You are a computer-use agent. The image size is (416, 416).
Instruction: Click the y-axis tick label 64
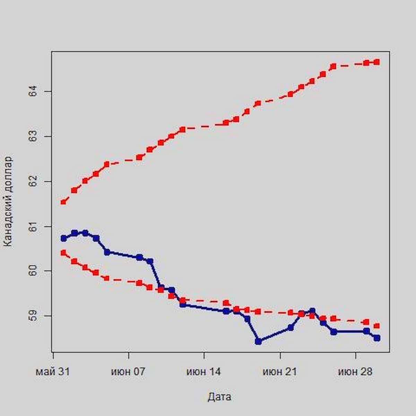point(34,92)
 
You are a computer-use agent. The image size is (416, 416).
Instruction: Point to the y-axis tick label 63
point(34,136)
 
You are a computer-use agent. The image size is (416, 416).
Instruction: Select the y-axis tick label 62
point(34,181)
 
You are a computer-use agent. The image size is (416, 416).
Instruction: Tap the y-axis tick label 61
point(34,226)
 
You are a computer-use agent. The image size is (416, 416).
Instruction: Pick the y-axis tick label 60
point(34,271)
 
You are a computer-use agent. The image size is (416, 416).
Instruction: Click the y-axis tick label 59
point(34,316)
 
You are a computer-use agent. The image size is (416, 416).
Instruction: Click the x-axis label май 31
point(53,372)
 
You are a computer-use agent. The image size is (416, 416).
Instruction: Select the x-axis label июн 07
point(128,372)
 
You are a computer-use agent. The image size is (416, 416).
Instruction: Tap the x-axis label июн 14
point(204,372)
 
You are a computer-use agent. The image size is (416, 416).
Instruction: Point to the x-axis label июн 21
point(280,372)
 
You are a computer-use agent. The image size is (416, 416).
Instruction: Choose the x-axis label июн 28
point(355,372)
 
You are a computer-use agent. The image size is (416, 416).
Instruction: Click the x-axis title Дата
point(219,397)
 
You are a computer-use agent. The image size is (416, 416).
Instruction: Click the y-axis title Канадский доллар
point(8,201)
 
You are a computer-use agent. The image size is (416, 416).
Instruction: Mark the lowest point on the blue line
point(258,341)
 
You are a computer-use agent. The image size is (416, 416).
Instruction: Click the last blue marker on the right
point(377,338)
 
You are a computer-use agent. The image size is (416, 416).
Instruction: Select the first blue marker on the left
point(63,238)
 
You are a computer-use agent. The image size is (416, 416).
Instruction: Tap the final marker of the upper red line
point(377,62)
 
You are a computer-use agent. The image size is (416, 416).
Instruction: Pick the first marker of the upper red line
point(63,202)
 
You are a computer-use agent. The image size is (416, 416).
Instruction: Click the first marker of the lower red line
point(63,253)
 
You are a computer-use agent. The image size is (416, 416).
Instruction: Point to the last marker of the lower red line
point(377,326)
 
